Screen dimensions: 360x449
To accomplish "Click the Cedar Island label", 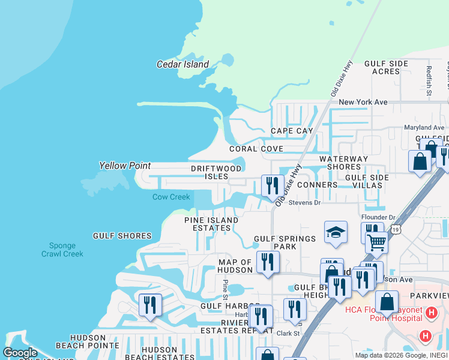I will pyautogui.click(x=182, y=64).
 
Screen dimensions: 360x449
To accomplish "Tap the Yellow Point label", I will pyautogui.click(x=124, y=166).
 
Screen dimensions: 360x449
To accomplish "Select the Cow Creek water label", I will pyautogui.click(x=170, y=197).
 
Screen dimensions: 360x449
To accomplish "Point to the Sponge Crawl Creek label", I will pyautogui.click(x=62, y=250).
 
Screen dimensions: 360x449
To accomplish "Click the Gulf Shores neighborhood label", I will pyautogui.click(x=122, y=236).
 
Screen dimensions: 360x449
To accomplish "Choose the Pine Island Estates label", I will pyautogui.click(x=211, y=224).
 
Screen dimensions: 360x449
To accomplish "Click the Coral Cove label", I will pyautogui.click(x=256, y=149).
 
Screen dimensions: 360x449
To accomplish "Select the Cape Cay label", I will pyautogui.click(x=292, y=131).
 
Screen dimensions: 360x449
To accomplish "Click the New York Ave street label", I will pyautogui.click(x=363, y=103).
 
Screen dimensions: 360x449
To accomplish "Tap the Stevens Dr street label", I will pyautogui.click(x=306, y=203).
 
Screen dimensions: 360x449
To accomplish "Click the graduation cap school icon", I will pyautogui.click(x=336, y=232).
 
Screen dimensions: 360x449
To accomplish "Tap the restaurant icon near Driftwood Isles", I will pyautogui.click(x=273, y=186).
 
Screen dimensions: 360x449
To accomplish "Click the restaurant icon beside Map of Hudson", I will pyautogui.click(x=267, y=262).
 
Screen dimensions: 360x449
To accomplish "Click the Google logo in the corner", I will pyautogui.click(x=20, y=353).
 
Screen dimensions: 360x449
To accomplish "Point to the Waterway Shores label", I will pyautogui.click(x=343, y=163).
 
